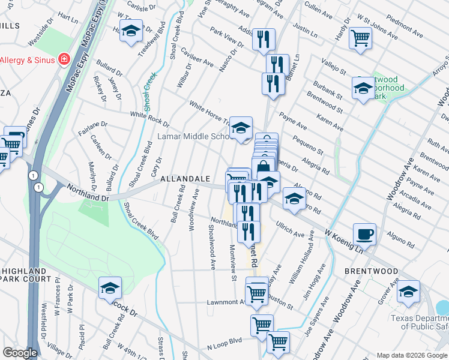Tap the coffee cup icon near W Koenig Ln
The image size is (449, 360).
364,233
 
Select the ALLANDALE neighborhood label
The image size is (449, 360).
184,179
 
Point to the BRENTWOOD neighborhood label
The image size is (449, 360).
372,271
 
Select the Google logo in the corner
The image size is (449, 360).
20,353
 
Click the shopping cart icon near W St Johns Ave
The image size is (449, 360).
360,37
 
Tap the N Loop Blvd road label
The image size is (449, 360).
224,343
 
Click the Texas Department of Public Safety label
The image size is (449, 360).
419,322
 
